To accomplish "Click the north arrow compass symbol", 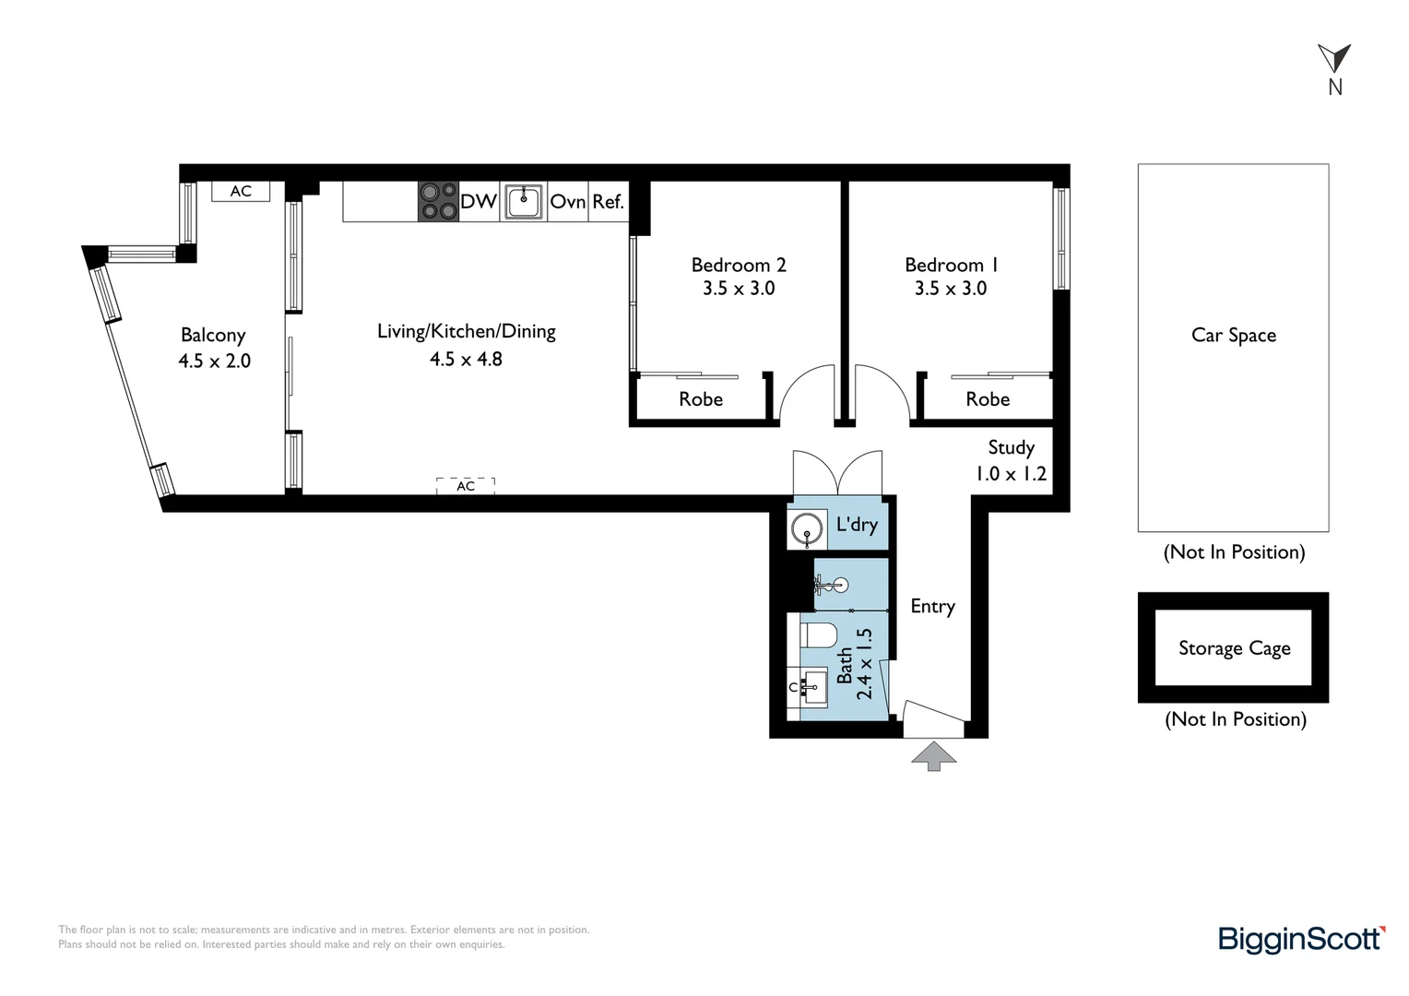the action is [1334, 60].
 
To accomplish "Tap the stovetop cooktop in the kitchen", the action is [438, 201].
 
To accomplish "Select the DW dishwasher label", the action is [479, 201].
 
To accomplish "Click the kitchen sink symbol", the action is [524, 201].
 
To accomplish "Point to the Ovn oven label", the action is [568, 201].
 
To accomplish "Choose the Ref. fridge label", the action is [609, 201].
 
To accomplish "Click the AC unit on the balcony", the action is [241, 191].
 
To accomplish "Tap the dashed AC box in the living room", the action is [466, 486].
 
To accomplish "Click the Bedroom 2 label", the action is [739, 265].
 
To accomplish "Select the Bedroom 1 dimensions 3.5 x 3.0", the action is [951, 288].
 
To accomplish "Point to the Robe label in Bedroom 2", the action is [701, 399].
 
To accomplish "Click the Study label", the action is [1011, 448].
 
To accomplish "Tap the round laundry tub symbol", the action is [807, 529].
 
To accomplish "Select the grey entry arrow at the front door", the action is [934, 755].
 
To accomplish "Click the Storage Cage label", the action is [1234, 648].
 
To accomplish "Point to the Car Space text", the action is [1234, 336].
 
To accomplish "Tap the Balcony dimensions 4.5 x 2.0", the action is [215, 362].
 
